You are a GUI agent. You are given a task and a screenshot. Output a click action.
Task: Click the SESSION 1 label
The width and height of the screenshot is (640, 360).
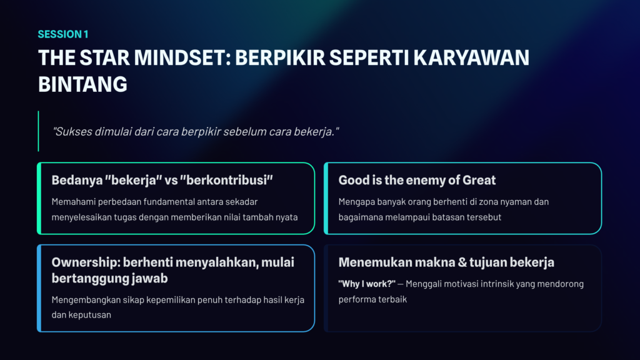pyautogui.click(x=63, y=34)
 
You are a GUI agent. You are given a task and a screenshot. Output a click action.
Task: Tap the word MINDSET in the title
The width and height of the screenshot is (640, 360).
pyautogui.click(x=179, y=57)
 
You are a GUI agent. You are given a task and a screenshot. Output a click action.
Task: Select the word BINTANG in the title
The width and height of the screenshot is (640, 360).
pyautogui.click(x=82, y=84)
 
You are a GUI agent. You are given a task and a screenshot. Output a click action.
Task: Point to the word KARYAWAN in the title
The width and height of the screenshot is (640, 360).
pyautogui.click(x=471, y=57)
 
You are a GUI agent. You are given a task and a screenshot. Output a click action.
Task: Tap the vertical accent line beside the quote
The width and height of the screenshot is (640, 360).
pyautogui.click(x=38, y=131)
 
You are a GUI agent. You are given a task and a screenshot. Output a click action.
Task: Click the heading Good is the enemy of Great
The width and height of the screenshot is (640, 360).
pyautogui.click(x=417, y=180)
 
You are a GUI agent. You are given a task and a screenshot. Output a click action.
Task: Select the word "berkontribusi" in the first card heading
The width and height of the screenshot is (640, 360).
pyautogui.click(x=226, y=180)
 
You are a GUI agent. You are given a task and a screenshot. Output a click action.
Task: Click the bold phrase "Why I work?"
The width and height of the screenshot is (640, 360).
pyautogui.click(x=366, y=284)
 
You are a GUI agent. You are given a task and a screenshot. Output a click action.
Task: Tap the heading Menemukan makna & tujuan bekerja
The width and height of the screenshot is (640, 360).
pyautogui.click(x=446, y=262)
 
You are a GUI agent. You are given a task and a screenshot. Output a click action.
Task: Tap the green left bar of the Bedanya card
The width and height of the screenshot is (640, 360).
pyautogui.click(x=39, y=198)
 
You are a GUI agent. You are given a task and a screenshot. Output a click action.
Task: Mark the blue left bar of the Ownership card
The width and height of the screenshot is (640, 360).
pyautogui.click(x=39, y=288)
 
